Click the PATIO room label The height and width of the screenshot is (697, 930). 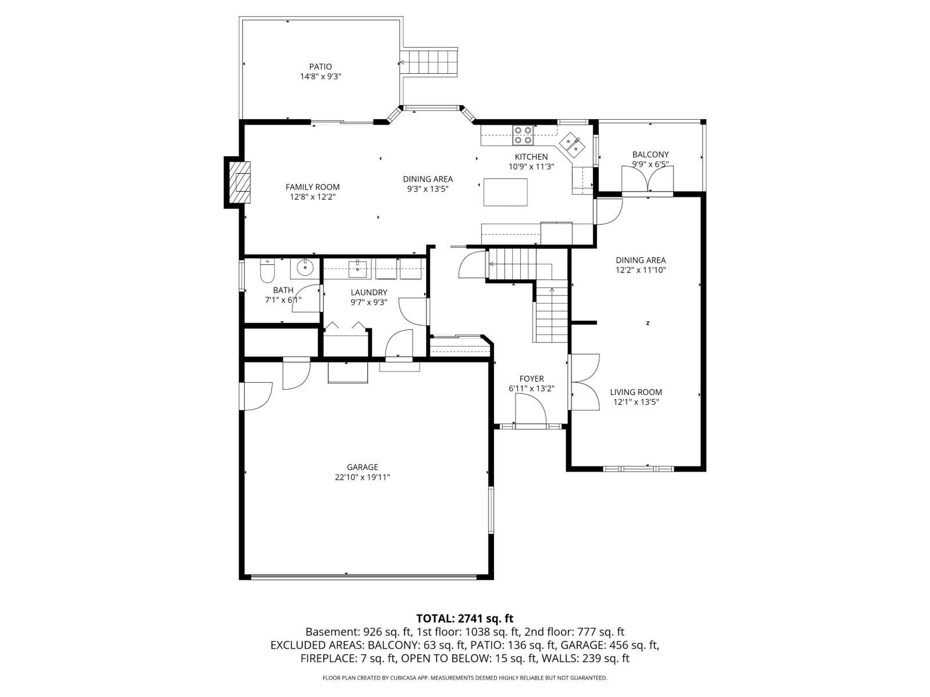pos(320,67)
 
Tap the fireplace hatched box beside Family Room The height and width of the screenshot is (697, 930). pos(240,182)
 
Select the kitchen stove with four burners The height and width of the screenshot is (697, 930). pos(522,135)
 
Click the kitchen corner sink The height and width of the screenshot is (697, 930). pos(573,144)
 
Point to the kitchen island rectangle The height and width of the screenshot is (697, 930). pos(505,192)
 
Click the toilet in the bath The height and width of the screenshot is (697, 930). pos(267,270)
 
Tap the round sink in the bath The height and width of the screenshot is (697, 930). pos(305,268)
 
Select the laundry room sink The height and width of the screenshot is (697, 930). pos(357,268)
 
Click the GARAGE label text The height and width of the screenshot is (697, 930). pos(362,467)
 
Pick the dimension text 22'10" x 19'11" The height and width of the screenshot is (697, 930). pos(362,477)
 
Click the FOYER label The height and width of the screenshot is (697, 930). pos(531,379)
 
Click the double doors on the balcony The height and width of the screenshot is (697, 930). pos(647,180)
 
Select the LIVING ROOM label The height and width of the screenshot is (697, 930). pos(636,392)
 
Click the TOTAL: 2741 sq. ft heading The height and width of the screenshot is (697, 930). pos(464,619)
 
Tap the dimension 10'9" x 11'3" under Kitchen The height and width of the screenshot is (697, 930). pos(531,167)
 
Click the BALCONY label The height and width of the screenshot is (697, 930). pos(650,155)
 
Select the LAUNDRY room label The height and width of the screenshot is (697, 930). pos(369,292)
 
